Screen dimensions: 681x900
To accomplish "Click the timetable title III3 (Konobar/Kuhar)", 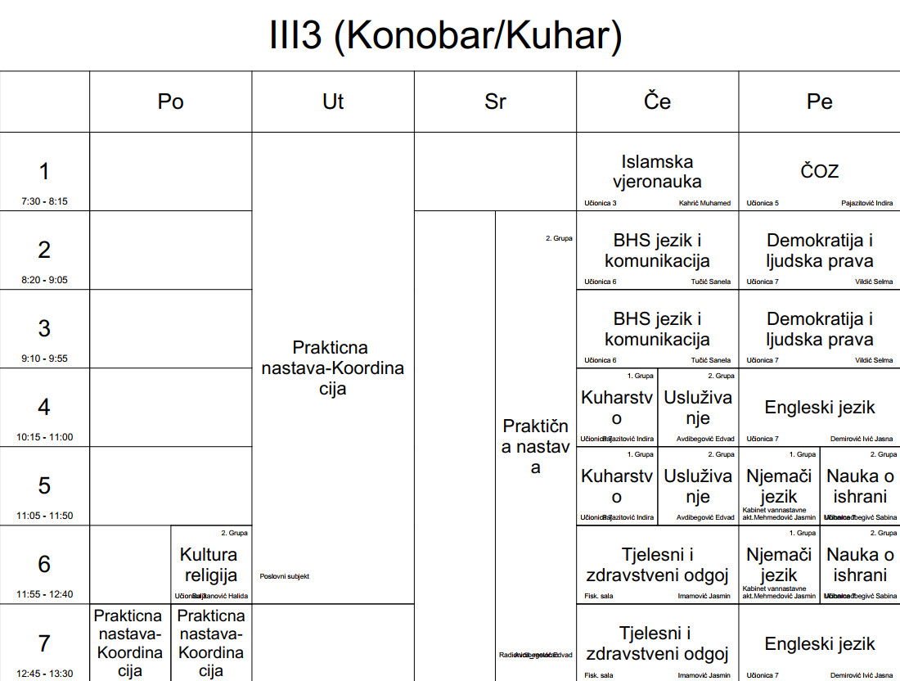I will [446, 36].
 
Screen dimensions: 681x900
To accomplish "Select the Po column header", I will [170, 101].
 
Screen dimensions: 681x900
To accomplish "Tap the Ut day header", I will [333, 101].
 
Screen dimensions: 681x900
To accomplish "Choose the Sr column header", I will [495, 101].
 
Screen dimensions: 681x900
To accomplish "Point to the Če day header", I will [657, 101].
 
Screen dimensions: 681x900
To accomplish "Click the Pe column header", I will [819, 101].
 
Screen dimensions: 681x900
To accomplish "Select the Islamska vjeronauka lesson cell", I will [657, 172].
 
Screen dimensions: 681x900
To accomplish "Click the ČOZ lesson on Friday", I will [819, 172].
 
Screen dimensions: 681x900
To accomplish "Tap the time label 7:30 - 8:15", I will [44, 201].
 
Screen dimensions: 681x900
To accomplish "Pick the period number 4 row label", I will [44, 407].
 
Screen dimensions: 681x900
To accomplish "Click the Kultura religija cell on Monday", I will [210, 565].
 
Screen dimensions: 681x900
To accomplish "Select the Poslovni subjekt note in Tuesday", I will [284, 576].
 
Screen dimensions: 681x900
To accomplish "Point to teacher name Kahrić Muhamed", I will [704, 203].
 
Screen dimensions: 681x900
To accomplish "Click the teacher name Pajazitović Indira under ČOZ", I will [866, 203].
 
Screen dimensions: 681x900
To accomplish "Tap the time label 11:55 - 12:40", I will [44, 594].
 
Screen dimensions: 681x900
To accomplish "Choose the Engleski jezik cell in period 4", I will [819, 408].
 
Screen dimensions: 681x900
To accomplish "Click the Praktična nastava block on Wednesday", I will [535, 446].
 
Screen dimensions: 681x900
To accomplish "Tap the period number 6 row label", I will [44, 564].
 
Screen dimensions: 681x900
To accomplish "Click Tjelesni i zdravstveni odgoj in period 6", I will [657, 565].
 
